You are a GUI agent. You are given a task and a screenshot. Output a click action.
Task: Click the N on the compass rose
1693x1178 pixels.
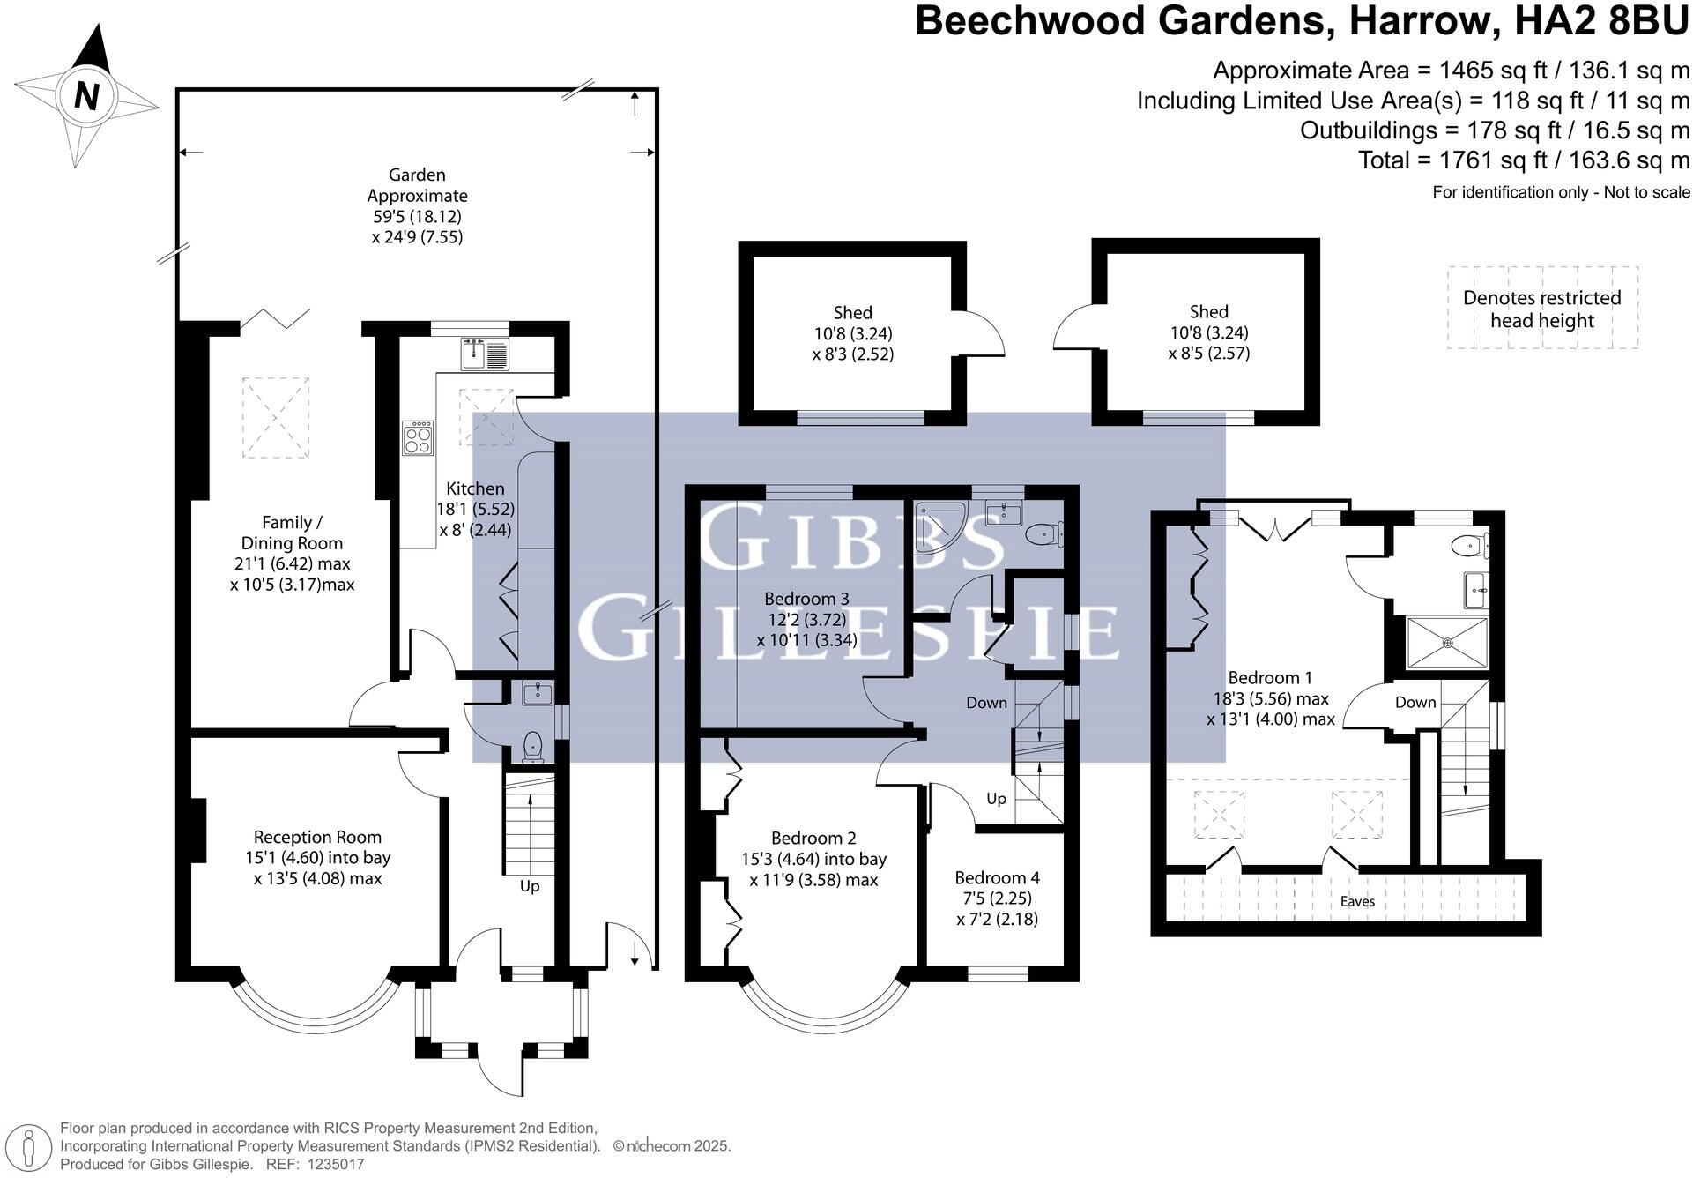tap(85, 94)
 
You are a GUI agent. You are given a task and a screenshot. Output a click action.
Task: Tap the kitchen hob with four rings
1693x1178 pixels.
tap(418, 438)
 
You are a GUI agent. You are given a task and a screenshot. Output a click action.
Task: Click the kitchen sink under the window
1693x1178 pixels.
tap(484, 354)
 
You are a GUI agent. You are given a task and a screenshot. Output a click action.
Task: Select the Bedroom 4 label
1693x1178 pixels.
tap(997, 877)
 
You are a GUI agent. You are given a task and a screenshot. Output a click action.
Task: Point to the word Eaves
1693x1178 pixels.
tap(1356, 901)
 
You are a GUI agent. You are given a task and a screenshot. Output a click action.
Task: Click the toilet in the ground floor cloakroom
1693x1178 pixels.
tap(532, 747)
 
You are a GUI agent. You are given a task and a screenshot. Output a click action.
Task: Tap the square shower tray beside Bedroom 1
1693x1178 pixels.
tap(1446, 643)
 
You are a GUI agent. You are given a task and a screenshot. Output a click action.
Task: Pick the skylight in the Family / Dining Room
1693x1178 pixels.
tap(275, 417)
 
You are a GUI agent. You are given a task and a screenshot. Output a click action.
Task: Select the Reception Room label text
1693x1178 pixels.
tap(317, 837)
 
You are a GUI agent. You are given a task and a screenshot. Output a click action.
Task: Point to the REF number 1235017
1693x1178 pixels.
tap(334, 1165)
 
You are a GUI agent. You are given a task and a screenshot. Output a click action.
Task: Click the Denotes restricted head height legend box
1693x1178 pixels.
tap(1541, 309)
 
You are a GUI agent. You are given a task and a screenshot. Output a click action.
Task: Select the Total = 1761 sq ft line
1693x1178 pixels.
tap(1523, 160)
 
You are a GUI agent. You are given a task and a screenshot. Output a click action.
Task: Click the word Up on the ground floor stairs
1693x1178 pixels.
tap(529, 886)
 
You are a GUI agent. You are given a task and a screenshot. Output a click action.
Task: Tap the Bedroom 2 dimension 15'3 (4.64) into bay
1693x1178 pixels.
tap(813, 859)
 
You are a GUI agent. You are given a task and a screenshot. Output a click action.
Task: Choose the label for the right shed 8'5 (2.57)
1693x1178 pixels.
tap(1208, 354)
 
